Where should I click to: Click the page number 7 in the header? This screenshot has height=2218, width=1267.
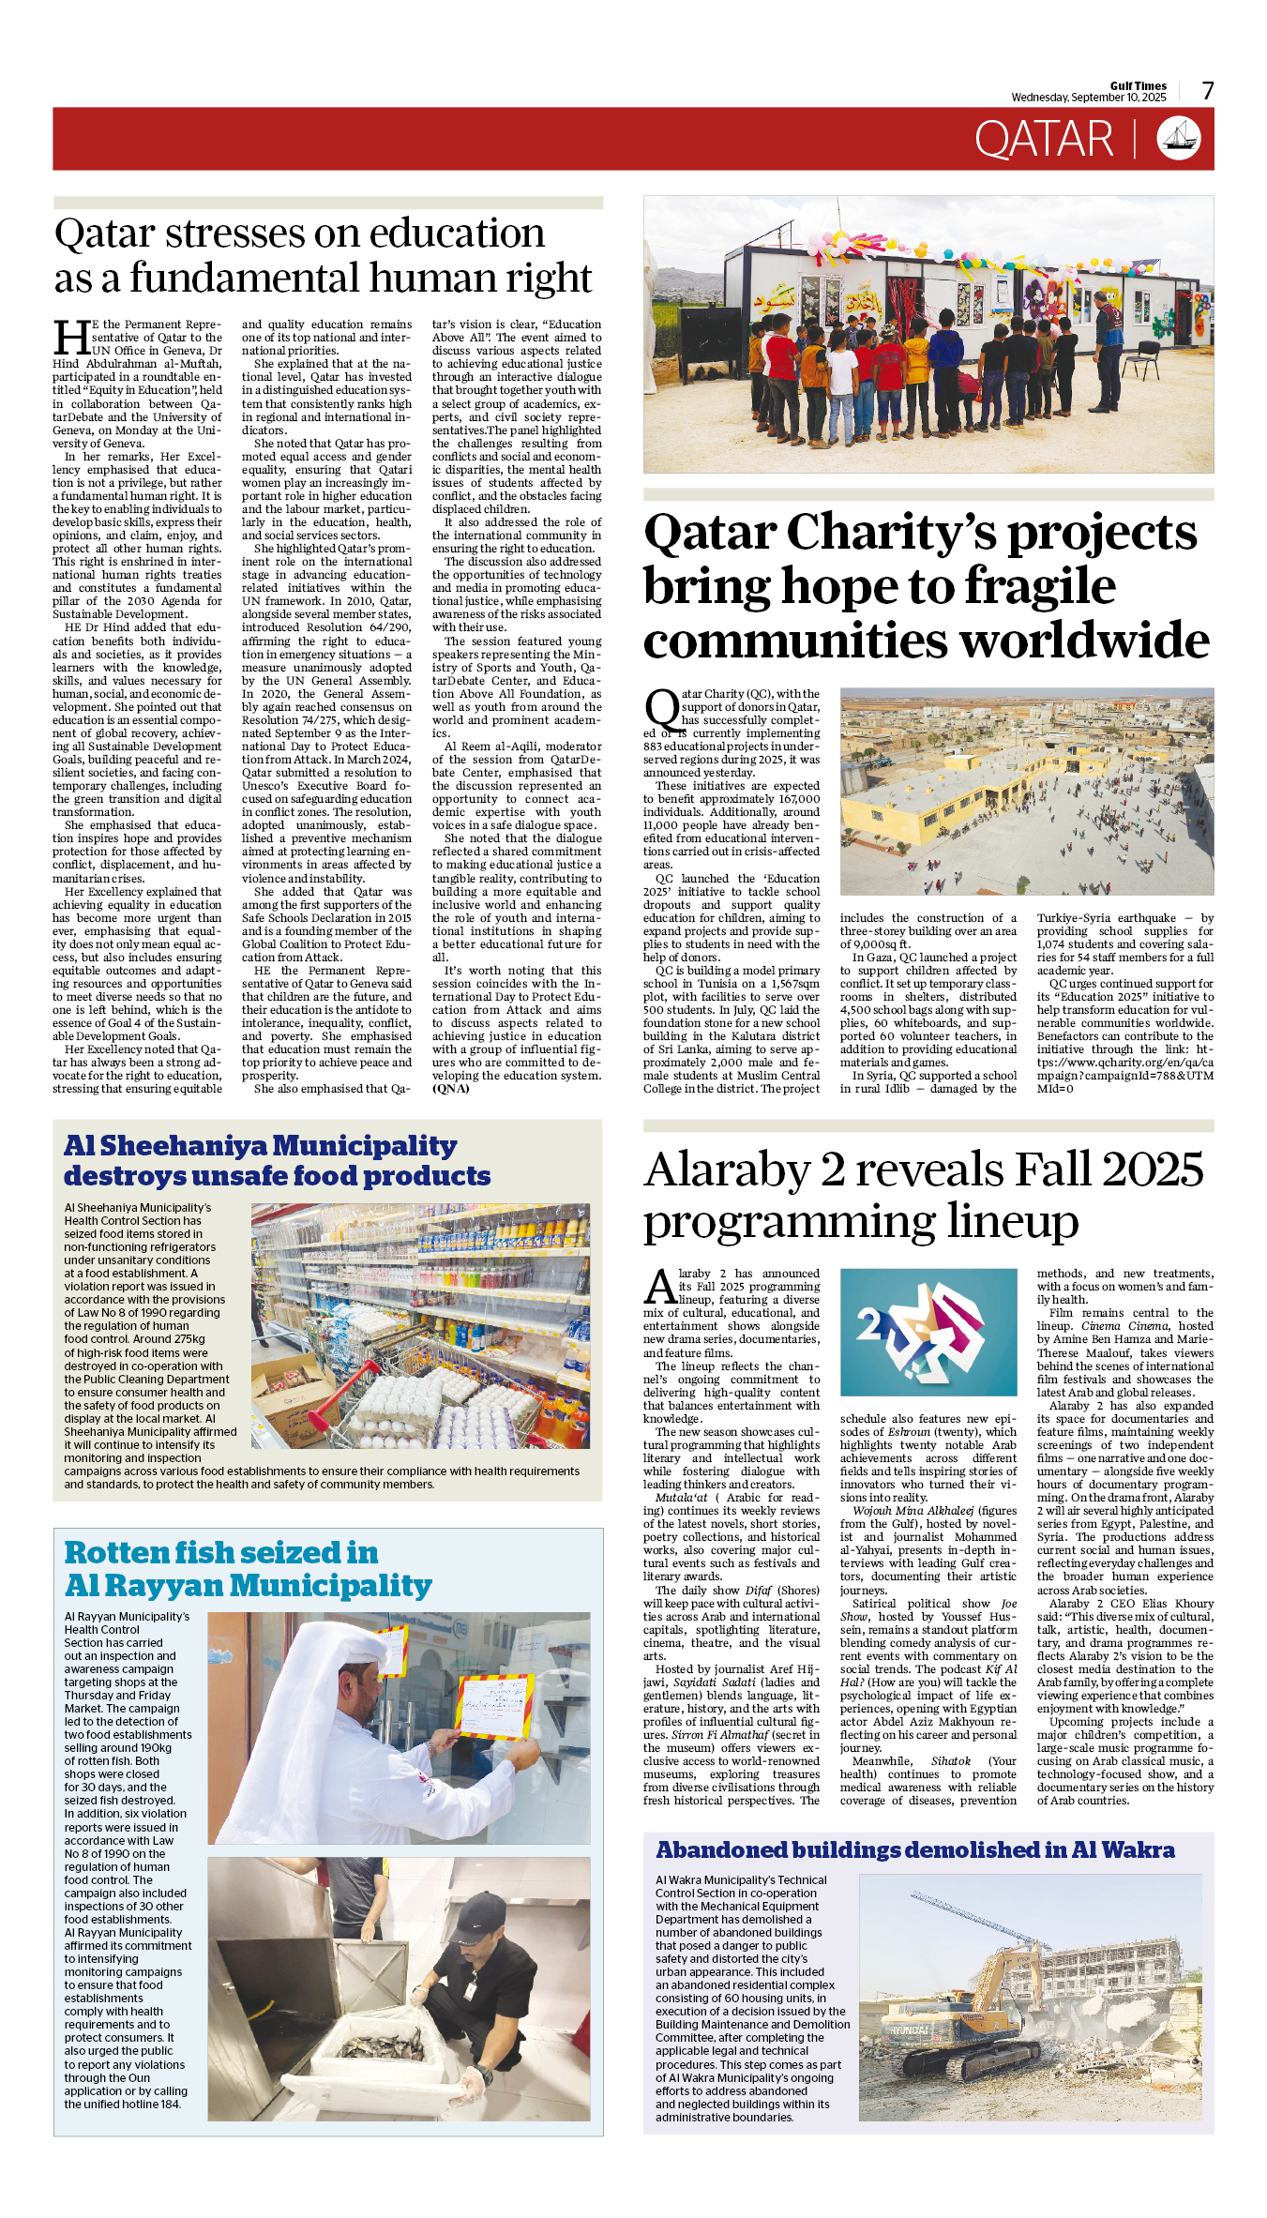tap(1208, 91)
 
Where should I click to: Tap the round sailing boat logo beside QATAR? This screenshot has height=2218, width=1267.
tap(1179, 139)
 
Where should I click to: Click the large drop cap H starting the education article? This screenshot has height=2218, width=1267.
tap(72, 339)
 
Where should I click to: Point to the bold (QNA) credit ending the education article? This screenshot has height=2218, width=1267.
tap(450, 1089)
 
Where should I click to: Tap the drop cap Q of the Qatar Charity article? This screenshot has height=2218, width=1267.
tap(661, 710)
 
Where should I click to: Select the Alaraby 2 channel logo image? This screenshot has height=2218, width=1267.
tap(928, 1332)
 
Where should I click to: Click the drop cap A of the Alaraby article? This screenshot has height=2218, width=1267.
tap(660, 1288)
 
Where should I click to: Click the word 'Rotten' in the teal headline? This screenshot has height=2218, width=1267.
tap(116, 1553)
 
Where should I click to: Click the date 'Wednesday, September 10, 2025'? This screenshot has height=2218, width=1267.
tap(1088, 98)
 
